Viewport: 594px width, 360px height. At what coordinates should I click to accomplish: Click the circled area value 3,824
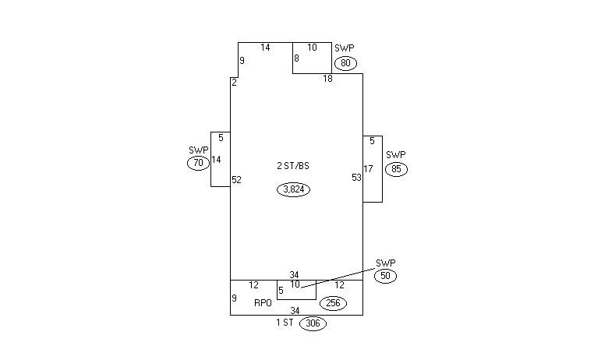tap(294, 189)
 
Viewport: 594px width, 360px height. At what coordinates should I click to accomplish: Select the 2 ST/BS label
tap(293, 166)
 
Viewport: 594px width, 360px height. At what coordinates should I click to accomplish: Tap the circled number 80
tap(345, 63)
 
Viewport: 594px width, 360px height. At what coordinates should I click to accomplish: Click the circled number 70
tap(198, 163)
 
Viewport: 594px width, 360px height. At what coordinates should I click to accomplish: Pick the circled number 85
tap(396, 169)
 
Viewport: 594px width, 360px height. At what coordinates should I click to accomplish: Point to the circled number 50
tap(385, 276)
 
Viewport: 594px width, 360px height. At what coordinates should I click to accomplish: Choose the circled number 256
tap(334, 303)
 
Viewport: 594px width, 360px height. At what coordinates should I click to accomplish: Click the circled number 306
tap(313, 323)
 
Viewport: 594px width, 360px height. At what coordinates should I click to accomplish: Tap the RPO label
tap(263, 303)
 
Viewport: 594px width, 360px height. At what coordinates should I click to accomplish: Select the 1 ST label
tap(285, 323)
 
